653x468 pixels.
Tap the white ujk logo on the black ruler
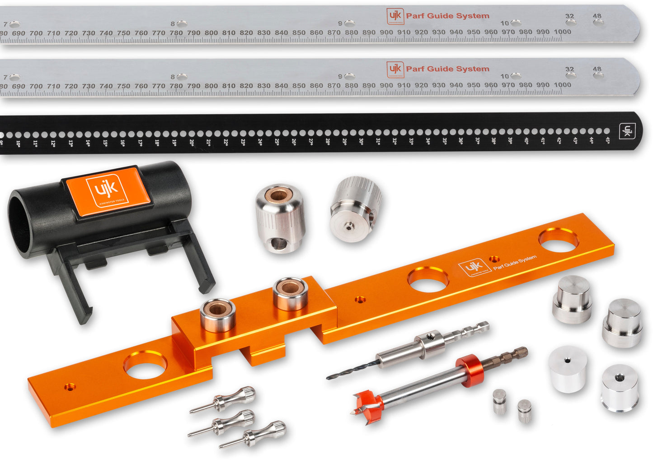(627, 131)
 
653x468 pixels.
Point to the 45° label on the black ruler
(607, 140)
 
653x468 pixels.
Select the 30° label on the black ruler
(361, 141)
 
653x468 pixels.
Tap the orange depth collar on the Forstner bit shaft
(470, 371)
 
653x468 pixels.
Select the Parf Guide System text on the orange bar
(515, 262)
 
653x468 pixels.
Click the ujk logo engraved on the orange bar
(474, 267)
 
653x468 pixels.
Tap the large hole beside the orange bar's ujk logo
(428, 279)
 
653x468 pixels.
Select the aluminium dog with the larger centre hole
(620, 388)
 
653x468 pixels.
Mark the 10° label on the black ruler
(18, 144)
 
